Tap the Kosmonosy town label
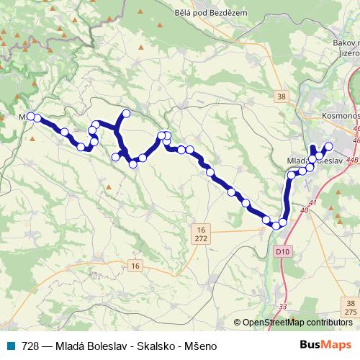coord(338,116)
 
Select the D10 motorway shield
coord(283,252)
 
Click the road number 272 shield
coord(199,237)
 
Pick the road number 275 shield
coord(350,312)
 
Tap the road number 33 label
coord(282,306)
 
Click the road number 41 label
coord(311,204)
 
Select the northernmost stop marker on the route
coord(126,112)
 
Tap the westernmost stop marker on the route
coord(30,116)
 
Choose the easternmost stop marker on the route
coord(329,146)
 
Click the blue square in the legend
coord(14,345)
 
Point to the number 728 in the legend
coord(30,345)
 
